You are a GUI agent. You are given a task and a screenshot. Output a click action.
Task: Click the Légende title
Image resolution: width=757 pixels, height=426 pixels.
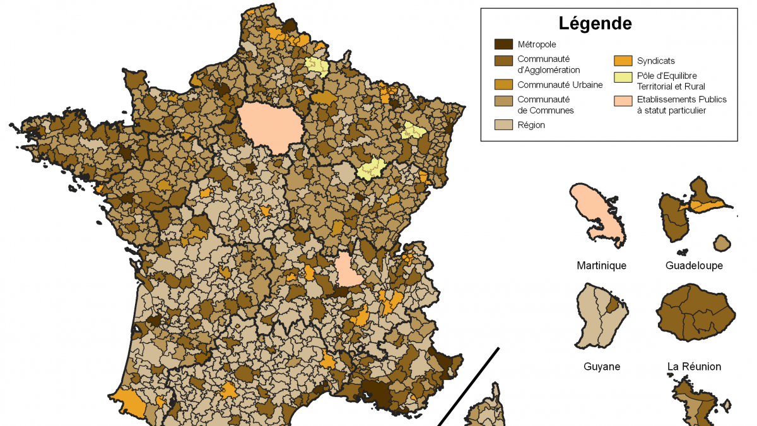click(x=595, y=24)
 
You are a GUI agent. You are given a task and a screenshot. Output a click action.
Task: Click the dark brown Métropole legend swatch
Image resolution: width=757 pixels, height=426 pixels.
click(x=503, y=44)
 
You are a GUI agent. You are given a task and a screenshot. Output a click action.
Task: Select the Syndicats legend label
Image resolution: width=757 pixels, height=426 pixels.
click(x=655, y=61)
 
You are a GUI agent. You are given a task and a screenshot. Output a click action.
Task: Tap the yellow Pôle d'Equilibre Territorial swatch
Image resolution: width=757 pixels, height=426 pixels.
click(x=623, y=76)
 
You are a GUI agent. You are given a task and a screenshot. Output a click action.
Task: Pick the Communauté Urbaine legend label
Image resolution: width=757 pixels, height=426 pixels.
click(x=560, y=85)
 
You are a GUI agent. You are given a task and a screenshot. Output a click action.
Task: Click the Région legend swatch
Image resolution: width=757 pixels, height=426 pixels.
click(x=503, y=125)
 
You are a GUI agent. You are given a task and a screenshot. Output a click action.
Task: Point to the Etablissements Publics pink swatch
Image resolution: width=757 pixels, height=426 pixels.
click(x=623, y=100)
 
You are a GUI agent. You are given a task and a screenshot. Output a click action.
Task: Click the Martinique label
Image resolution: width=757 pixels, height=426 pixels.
click(x=601, y=266)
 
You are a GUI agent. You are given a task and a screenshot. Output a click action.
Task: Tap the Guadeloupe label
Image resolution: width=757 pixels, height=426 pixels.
click(x=694, y=266)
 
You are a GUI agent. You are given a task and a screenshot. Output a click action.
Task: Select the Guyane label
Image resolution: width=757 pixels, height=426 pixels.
click(x=601, y=367)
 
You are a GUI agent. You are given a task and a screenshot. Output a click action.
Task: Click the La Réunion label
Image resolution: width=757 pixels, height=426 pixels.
click(x=694, y=367)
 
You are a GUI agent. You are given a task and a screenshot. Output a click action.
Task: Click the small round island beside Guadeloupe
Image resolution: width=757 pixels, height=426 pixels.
click(x=722, y=243)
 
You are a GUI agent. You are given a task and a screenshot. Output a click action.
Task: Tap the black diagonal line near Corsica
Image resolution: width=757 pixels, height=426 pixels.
click(x=470, y=385)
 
